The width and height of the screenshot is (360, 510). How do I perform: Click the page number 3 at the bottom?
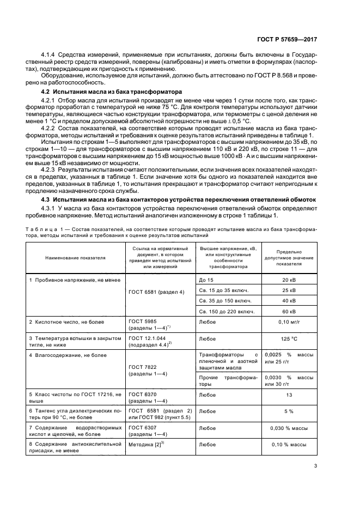coord(315,465)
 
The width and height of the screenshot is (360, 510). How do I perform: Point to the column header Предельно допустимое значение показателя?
coord(289,258)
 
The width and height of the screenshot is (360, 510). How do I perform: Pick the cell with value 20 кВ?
coord(289,280)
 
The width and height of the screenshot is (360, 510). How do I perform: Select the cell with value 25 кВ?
coord(289,290)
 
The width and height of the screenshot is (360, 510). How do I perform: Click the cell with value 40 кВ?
coord(289,300)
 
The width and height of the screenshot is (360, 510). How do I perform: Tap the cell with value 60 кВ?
coord(289,311)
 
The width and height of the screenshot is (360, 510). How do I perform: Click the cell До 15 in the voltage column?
coord(207,280)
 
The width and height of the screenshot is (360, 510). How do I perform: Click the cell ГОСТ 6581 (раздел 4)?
coord(156,292)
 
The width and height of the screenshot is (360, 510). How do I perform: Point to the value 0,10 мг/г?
coord(289,322)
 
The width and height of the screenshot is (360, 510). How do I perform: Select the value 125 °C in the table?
coord(289,338)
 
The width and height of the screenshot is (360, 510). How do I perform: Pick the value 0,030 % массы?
coord(289,428)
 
